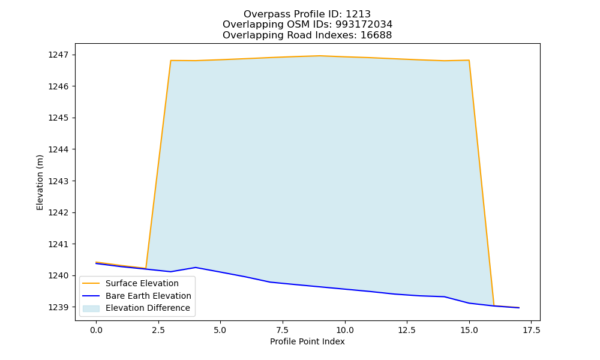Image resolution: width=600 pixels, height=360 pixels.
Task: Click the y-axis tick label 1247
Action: (59, 55)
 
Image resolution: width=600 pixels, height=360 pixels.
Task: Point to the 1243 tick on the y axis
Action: (59, 181)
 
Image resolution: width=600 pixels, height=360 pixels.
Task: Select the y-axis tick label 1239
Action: (59, 307)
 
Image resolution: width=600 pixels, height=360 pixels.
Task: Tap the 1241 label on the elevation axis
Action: (59, 244)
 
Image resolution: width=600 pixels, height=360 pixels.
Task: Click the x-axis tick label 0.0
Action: (96, 330)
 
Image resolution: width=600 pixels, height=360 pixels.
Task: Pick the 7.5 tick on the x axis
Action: (283, 330)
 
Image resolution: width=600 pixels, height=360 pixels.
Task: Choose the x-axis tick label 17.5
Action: (531, 330)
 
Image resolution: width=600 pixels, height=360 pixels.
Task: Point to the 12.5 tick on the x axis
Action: (407, 330)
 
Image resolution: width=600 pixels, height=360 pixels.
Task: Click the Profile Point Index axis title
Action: (307, 341)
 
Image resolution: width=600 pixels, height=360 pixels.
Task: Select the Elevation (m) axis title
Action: (40, 182)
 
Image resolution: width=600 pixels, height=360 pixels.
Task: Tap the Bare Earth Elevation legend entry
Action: (137, 296)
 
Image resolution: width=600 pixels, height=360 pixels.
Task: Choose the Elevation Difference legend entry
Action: (137, 308)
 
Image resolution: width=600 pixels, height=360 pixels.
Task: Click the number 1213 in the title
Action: (358, 14)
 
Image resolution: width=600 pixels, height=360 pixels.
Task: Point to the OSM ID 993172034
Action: (364, 25)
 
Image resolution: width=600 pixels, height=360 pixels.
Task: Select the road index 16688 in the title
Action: (376, 35)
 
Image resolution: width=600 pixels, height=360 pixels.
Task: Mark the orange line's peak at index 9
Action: (320, 56)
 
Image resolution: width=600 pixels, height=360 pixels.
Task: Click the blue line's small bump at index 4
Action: (196, 268)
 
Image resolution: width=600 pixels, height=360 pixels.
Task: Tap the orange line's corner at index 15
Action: (469, 61)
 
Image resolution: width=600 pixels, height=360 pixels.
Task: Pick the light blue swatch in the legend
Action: (91, 308)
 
